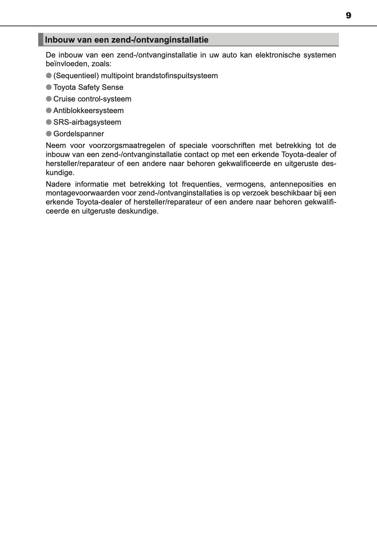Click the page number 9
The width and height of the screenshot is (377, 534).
pyautogui.click(x=348, y=16)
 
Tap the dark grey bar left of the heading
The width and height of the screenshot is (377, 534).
pyautogui.click(x=40, y=39)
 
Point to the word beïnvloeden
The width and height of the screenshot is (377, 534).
pyautogui.click(x=66, y=64)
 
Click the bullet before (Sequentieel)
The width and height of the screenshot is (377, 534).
pyautogui.click(x=49, y=76)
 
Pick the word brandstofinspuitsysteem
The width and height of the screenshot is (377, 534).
pyautogui.click(x=177, y=76)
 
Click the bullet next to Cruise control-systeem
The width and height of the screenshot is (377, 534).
pyautogui.click(x=49, y=99)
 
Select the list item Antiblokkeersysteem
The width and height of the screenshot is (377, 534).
pyautogui.click(x=88, y=110)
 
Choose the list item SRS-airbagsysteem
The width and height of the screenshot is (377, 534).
pyautogui.click(x=87, y=122)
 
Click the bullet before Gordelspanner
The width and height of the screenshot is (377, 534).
pyautogui.click(x=49, y=134)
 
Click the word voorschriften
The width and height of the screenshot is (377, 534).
pyautogui.click(x=233, y=145)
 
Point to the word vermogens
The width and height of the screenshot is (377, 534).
pyautogui.click(x=246, y=184)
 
